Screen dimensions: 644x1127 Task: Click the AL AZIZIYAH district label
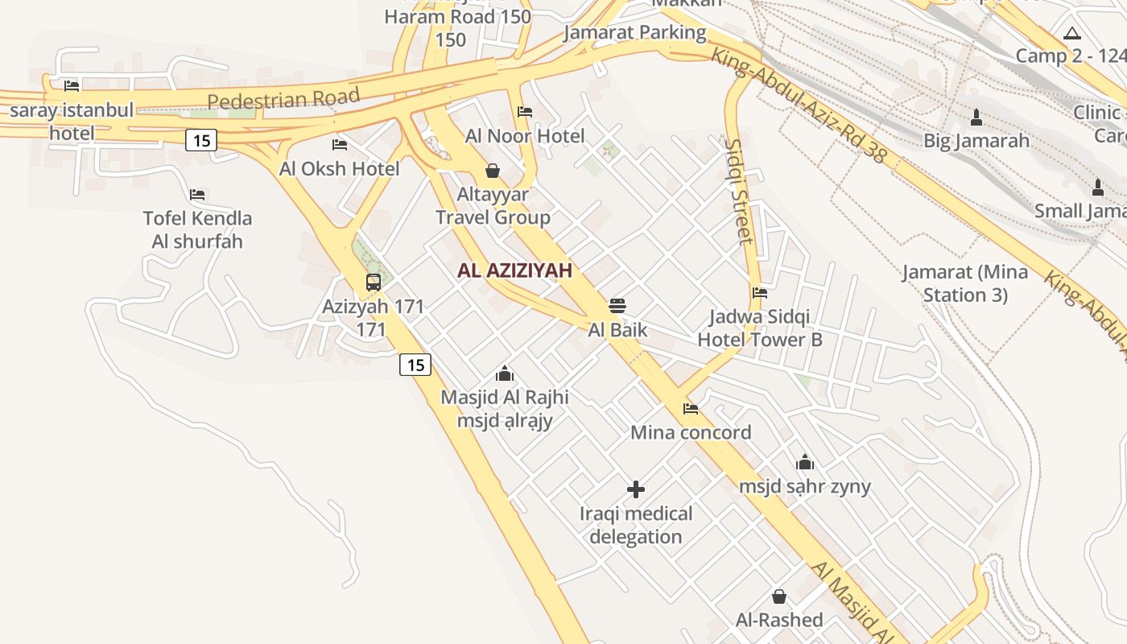click(514, 270)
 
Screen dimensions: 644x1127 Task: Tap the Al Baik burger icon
click(617, 306)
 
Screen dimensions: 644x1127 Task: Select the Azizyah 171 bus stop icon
click(373, 283)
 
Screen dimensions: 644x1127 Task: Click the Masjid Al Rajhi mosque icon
click(505, 374)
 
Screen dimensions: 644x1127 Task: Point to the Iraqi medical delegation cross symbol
click(636, 489)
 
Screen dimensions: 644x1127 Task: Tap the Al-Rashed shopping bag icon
click(778, 597)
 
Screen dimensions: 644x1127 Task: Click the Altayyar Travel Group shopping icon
click(493, 171)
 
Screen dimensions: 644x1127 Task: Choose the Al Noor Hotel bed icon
click(525, 112)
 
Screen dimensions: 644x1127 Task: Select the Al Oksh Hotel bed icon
click(340, 145)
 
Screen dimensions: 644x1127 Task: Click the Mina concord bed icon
click(691, 409)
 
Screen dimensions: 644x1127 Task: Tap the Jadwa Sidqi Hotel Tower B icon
click(759, 293)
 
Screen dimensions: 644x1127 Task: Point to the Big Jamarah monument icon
click(976, 118)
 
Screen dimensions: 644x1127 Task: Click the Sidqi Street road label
click(738, 191)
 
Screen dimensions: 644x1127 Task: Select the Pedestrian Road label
click(283, 99)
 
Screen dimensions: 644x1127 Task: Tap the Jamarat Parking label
click(634, 33)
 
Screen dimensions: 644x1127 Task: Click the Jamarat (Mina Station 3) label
click(964, 283)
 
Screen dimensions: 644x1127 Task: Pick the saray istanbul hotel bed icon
click(72, 85)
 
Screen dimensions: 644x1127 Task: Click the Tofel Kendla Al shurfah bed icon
click(197, 195)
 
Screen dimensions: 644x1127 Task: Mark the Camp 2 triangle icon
click(1071, 34)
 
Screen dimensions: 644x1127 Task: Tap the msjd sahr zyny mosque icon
click(804, 463)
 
